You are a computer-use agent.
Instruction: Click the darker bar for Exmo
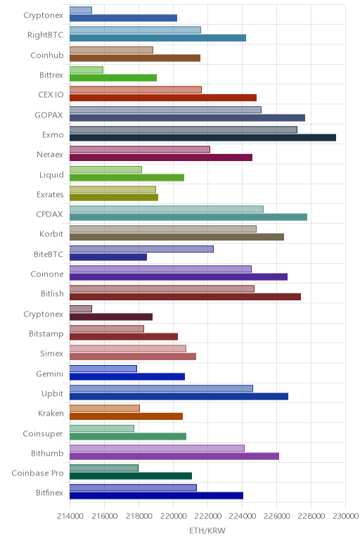tap(202, 137)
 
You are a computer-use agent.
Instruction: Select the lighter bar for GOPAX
tap(165, 110)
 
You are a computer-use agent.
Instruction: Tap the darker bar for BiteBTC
tap(108, 257)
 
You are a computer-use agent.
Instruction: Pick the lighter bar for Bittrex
tap(86, 70)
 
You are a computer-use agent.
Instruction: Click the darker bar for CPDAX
tap(188, 217)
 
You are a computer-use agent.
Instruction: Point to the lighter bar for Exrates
tap(112, 189)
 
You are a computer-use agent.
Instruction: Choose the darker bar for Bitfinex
tap(157, 496)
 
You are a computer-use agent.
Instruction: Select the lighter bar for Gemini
tap(103, 369)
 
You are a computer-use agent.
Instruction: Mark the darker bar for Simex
tap(133, 357)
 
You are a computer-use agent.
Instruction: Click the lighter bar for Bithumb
tap(157, 448)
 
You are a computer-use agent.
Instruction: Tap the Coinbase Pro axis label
tap(37, 473)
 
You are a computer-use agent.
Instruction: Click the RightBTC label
tap(45, 35)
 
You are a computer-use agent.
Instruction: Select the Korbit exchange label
tap(51, 234)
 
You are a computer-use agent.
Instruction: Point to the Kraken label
tap(51, 413)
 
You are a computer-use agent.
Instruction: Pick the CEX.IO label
tap(51, 94)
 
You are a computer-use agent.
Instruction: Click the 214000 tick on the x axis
tap(70, 516)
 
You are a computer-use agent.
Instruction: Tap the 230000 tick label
tap(345, 516)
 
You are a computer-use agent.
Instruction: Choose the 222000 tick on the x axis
tap(207, 516)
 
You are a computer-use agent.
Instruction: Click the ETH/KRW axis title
tap(207, 530)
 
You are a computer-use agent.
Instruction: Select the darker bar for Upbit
tap(179, 396)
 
